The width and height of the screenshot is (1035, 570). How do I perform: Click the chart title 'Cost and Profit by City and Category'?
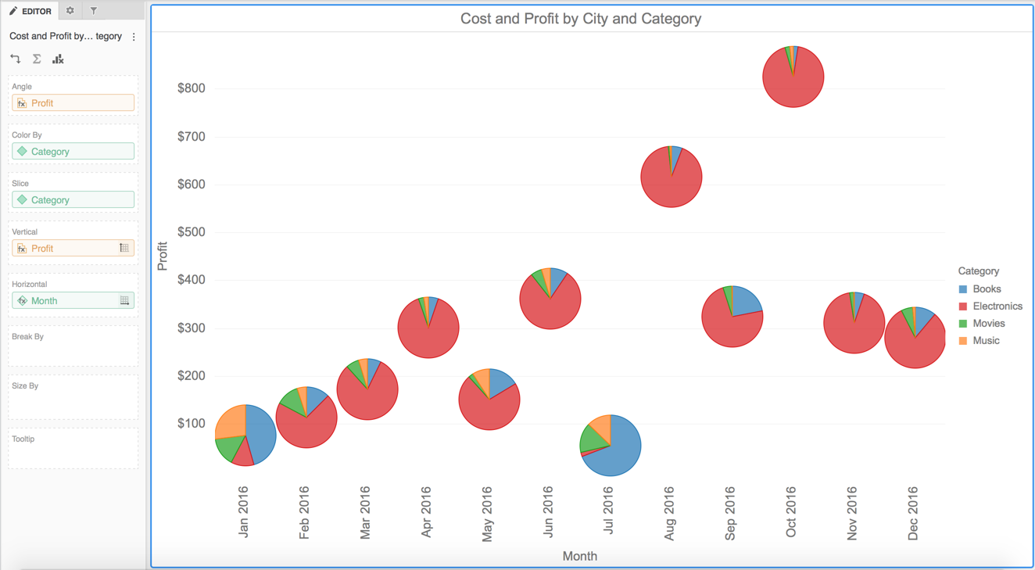(580, 19)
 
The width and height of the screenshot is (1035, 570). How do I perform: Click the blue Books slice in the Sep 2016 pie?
(744, 300)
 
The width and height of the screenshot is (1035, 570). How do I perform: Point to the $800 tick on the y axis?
(192, 88)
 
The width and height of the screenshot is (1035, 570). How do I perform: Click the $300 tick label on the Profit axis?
(192, 328)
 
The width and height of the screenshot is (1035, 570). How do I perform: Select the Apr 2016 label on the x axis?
(427, 512)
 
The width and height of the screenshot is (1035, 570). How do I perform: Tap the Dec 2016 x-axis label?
(913, 512)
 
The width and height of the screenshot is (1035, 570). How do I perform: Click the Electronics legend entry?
(997, 307)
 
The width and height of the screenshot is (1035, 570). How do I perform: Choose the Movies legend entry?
(988, 324)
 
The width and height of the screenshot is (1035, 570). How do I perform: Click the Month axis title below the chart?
(579, 556)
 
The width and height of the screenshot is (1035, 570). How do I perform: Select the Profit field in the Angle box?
(73, 103)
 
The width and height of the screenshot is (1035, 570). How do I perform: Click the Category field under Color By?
(73, 152)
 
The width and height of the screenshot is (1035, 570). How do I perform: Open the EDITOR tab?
(30, 11)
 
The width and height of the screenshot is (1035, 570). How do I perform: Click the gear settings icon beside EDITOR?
(70, 11)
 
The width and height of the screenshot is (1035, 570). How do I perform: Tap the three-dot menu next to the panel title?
(134, 37)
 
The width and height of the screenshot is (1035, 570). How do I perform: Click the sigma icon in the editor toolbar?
(37, 59)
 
